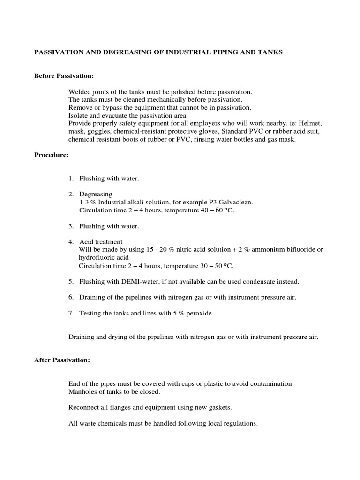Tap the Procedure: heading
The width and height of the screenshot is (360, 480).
pos(52,155)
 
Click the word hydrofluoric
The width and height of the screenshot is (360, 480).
pos(97,258)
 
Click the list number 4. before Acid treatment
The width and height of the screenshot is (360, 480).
pos(71,242)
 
